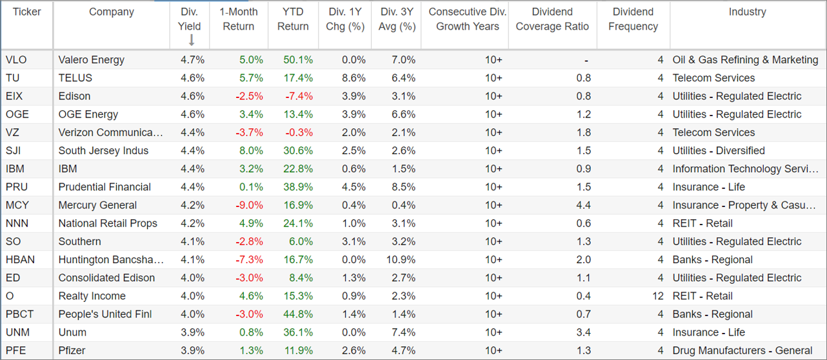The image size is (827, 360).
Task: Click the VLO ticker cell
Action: click(16, 60)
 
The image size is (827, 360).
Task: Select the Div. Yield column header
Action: click(190, 19)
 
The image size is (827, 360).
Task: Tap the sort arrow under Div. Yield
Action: click(191, 40)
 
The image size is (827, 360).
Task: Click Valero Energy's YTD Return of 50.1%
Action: click(298, 60)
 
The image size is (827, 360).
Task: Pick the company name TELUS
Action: click(75, 78)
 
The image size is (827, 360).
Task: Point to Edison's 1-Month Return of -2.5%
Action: click(249, 96)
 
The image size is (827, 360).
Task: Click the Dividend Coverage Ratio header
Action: click(552, 19)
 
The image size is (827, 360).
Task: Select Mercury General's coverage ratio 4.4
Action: click(583, 205)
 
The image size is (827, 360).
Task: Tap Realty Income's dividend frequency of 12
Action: click(657, 295)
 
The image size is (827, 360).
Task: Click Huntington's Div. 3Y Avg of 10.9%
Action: click(401, 259)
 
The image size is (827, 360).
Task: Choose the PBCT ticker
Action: click(19, 314)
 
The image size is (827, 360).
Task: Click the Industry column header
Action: click(747, 12)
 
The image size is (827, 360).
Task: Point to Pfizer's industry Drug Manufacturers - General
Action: click(742, 350)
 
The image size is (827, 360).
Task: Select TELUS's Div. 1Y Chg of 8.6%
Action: click(354, 78)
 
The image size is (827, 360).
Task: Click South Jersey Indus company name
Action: click(103, 151)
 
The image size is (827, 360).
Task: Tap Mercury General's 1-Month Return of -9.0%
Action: click(249, 205)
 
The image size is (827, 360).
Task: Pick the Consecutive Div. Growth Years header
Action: click(468, 19)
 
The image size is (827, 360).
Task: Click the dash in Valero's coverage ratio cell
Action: click(586, 60)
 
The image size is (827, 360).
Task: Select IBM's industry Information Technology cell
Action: click(746, 169)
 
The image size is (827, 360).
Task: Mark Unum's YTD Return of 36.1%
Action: click(298, 332)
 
